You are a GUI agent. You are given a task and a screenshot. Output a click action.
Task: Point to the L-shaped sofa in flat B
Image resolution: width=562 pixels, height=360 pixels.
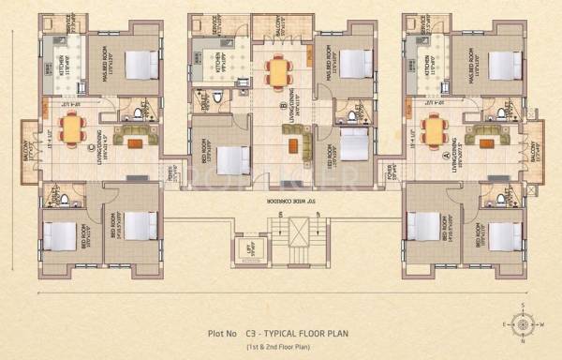click(x=299, y=143)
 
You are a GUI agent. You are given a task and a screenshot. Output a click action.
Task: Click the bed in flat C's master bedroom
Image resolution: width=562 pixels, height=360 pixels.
click(x=140, y=63)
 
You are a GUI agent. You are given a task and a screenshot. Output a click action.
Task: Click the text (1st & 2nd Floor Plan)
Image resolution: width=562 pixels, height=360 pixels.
click(x=282, y=348)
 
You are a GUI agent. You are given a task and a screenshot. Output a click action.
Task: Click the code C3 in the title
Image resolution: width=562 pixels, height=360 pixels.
click(x=252, y=332)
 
